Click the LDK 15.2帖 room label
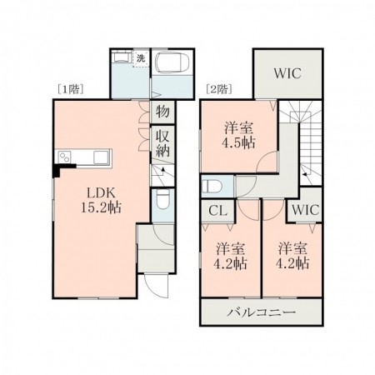(101, 200)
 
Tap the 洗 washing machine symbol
(141, 58)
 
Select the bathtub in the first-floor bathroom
(172, 62)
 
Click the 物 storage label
(162, 112)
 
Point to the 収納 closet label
(162, 144)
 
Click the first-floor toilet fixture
(162, 199)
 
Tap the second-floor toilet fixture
(211, 187)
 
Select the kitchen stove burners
(65, 157)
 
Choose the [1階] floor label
(71, 89)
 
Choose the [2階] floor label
(219, 89)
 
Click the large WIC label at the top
(287, 73)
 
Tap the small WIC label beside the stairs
(306, 210)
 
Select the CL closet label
(218, 211)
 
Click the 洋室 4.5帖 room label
(238, 136)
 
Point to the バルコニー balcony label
(262, 312)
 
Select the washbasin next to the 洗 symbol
(122, 57)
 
